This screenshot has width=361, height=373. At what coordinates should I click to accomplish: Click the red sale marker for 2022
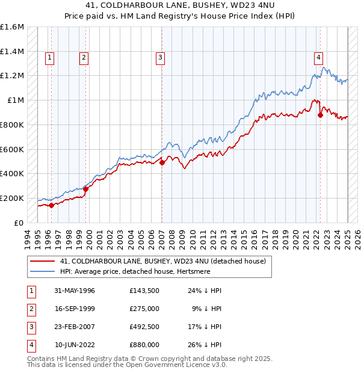coord(320,115)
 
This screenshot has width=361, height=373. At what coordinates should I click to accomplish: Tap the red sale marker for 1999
coord(85,188)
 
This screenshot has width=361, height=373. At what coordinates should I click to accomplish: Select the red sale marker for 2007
coord(162,162)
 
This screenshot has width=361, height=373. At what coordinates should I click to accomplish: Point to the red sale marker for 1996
coord(51,205)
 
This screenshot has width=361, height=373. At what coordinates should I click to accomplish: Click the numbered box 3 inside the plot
coord(161,58)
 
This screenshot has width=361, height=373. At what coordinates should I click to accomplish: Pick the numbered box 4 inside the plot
coord(318,58)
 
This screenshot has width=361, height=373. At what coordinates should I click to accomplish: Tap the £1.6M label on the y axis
coord(12,27)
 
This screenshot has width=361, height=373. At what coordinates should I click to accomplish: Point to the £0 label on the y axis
coord(19,223)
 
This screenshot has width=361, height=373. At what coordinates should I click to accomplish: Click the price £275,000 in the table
coord(144,309)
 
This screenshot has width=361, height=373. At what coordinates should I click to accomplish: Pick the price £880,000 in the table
coord(144,345)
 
